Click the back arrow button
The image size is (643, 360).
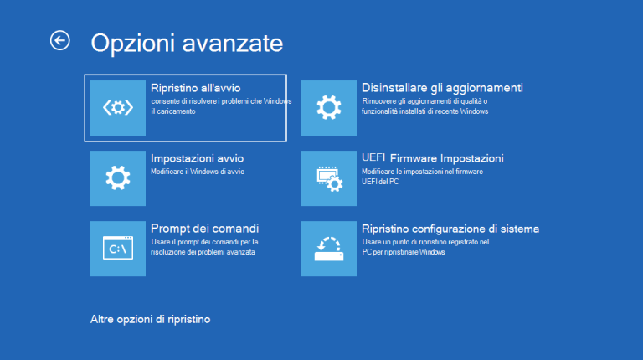(60, 40)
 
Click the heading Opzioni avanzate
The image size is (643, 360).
(187, 43)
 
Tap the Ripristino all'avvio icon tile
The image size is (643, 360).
(118, 107)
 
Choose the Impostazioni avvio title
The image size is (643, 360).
(197, 157)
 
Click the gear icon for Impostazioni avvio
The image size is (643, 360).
(118, 177)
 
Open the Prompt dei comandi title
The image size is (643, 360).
(204, 228)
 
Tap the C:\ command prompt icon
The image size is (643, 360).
(118, 248)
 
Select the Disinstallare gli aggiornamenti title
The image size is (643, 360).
(442, 87)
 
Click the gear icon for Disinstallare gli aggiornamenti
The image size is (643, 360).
(329, 107)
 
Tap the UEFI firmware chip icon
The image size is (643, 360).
(329, 177)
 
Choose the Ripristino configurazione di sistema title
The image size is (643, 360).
(450, 228)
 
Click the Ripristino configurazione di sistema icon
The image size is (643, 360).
(329, 248)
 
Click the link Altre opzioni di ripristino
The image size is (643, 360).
(150, 319)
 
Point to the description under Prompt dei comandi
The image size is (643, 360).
(204, 246)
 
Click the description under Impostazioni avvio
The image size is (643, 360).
(197, 172)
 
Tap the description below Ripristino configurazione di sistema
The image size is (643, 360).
(425, 246)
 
